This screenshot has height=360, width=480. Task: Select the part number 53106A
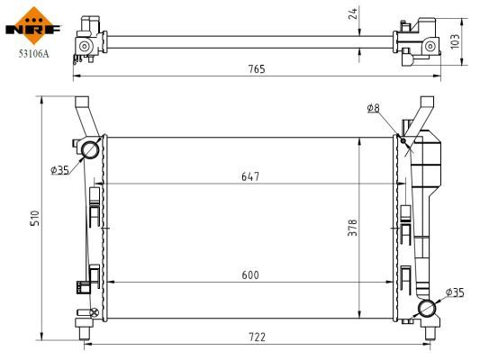(x=33, y=54)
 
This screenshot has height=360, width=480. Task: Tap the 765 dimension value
(x=257, y=69)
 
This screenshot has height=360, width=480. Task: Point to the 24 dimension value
(x=353, y=13)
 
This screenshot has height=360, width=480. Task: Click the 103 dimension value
(x=455, y=41)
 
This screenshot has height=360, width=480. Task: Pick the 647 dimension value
(x=250, y=176)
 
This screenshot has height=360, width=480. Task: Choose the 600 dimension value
(x=250, y=274)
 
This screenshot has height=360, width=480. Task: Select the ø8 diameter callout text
(x=373, y=108)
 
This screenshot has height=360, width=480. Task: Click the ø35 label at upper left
(x=59, y=169)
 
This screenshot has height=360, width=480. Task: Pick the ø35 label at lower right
(x=455, y=292)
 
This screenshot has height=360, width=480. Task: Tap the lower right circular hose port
(x=429, y=310)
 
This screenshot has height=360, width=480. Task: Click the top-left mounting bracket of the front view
(x=82, y=112)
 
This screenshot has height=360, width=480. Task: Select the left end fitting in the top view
(x=88, y=40)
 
